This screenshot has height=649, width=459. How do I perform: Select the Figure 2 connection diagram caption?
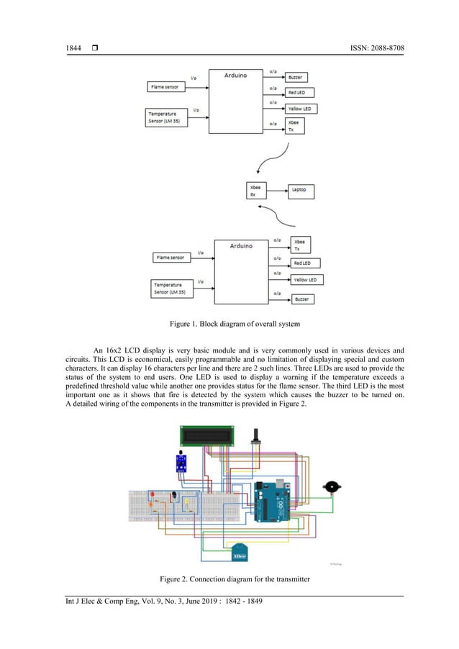(229, 578)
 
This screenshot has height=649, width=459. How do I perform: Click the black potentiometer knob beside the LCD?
(254, 436)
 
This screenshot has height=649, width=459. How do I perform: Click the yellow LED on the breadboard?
(186, 501)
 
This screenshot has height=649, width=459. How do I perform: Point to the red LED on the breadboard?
(153, 494)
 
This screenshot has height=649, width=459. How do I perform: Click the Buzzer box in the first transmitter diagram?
(296, 76)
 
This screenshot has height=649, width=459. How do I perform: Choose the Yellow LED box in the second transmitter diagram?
(306, 279)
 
